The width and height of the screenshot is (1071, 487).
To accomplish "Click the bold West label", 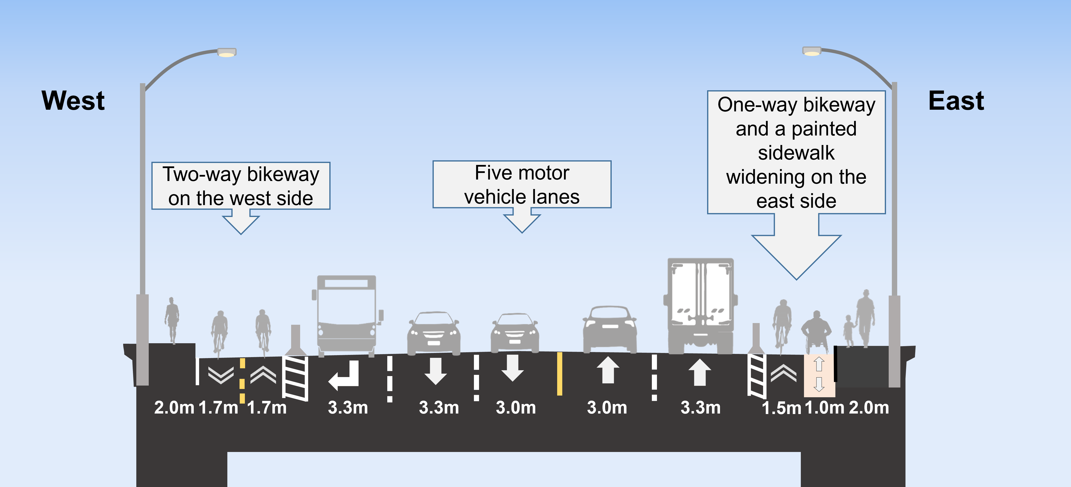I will [73, 101].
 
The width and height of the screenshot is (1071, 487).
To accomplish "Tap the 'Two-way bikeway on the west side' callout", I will [241, 186].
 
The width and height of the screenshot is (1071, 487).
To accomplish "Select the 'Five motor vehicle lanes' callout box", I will [522, 184].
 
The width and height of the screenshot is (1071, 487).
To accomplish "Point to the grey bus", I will [346, 314].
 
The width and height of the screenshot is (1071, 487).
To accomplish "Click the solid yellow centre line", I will [560, 374].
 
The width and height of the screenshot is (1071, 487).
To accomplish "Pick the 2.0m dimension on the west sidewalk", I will [174, 408].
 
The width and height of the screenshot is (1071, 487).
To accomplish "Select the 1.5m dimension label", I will [781, 408].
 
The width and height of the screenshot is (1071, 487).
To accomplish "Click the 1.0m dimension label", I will [824, 408].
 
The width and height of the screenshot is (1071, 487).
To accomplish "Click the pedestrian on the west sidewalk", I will [172, 320].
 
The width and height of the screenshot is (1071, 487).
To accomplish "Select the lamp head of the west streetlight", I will [227, 53].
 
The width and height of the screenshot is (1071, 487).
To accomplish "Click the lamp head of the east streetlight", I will [812, 52].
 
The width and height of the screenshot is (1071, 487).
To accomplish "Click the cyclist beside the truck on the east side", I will [782, 324].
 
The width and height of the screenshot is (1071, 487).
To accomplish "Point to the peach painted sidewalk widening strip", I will [819, 375].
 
